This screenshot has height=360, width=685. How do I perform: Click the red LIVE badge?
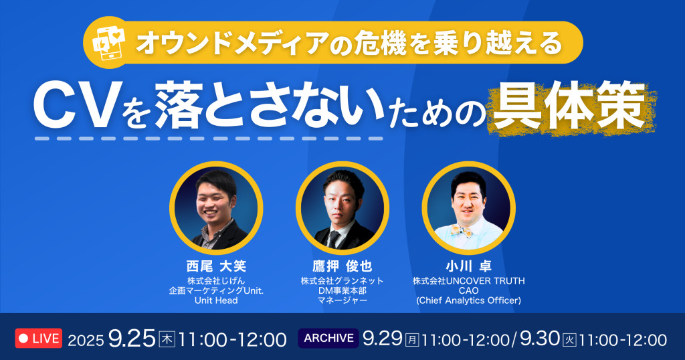pyautogui.click(x=39, y=338)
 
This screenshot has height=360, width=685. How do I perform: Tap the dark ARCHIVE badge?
pyautogui.click(x=328, y=338)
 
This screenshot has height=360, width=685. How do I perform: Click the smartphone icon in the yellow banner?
pyautogui.click(x=109, y=42)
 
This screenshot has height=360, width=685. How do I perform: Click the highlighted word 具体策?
pyautogui.click(x=570, y=106)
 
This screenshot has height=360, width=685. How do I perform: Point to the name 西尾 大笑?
pyautogui.click(x=216, y=266)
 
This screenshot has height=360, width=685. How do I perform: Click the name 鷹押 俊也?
pyautogui.click(x=342, y=266)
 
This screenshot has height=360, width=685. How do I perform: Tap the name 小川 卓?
pyautogui.click(x=469, y=266)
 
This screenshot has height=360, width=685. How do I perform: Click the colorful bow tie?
pyautogui.click(x=463, y=230)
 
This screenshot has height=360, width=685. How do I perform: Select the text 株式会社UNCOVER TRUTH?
pyautogui.click(x=469, y=281)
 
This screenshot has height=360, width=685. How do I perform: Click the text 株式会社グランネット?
pyautogui.click(x=342, y=281)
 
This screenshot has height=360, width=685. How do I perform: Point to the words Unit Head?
pyautogui.click(x=216, y=300)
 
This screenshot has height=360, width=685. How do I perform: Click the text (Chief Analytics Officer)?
pyautogui.click(x=469, y=300)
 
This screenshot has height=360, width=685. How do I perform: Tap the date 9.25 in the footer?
pyautogui.click(x=132, y=339)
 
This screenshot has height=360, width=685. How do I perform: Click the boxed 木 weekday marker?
pyautogui.click(x=167, y=339)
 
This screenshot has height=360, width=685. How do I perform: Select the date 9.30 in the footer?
pyautogui.click(x=540, y=339)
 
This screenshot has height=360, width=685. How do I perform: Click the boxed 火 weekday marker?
pyautogui.click(x=569, y=340)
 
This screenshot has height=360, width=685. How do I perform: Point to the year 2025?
pyautogui.click(x=86, y=341)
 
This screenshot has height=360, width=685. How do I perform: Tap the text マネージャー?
pyautogui.click(x=342, y=300)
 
